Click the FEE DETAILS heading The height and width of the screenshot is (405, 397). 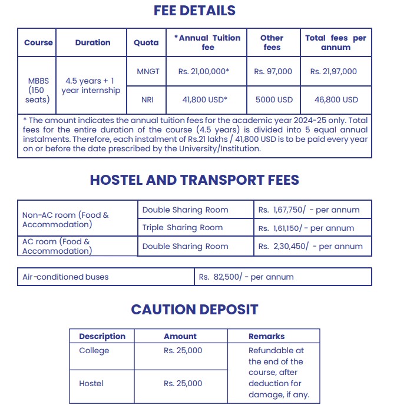click(x=194, y=11)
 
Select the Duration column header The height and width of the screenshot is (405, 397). click(x=92, y=42)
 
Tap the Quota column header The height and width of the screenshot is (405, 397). click(x=146, y=42)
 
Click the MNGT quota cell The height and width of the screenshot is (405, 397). click(x=148, y=71)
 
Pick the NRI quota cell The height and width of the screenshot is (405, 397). click(x=147, y=99)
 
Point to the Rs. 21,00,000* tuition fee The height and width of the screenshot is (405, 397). click(x=204, y=71)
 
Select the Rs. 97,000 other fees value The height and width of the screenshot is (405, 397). click(x=273, y=71)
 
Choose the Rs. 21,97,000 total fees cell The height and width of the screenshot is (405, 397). click(x=333, y=71)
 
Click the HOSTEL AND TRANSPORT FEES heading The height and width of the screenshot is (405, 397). click(x=194, y=180)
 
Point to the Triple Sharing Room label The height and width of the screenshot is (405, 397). click(x=183, y=228)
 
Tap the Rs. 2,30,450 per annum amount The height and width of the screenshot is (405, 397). click(x=310, y=247)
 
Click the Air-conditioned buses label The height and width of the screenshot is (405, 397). click(x=65, y=277)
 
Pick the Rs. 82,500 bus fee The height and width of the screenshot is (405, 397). click(x=246, y=277)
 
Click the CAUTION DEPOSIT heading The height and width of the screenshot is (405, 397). click(x=194, y=309)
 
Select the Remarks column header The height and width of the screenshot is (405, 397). click(x=266, y=336)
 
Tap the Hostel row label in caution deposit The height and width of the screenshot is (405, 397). click(x=91, y=383)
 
